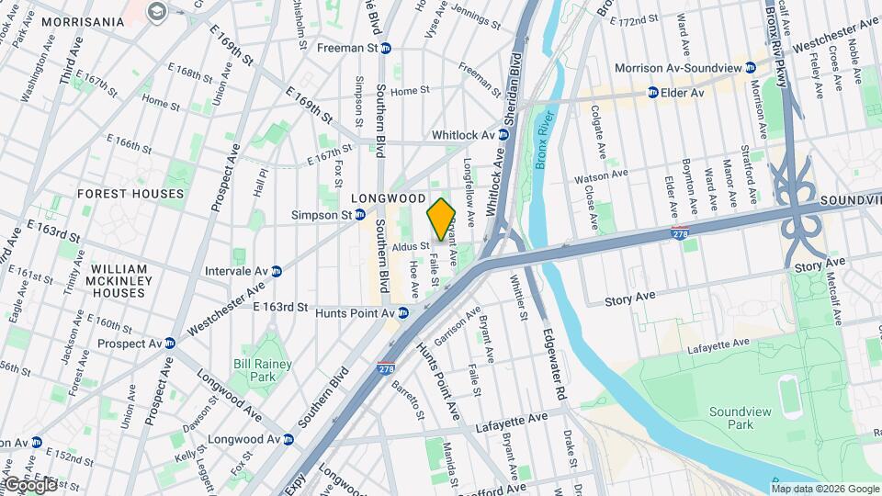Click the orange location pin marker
pyautogui.click(x=441, y=220)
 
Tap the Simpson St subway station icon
pyautogui.click(x=360, y=214)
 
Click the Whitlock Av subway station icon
pyautogui.click(x=503, y=134)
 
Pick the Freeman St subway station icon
pyautogui.click(x=386, y=48)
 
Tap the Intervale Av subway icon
pyautogui.click(x=276, y=271)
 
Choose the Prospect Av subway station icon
pyautogui.click(x=170, y=343)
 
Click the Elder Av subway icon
pyautogui.click(x=653, y=92)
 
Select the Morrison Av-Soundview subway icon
pyautogui.click(x=751, y=67)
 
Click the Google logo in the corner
pyautogui.click(x=29, y=484)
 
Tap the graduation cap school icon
pyautogui.click(x=156, y=11)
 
